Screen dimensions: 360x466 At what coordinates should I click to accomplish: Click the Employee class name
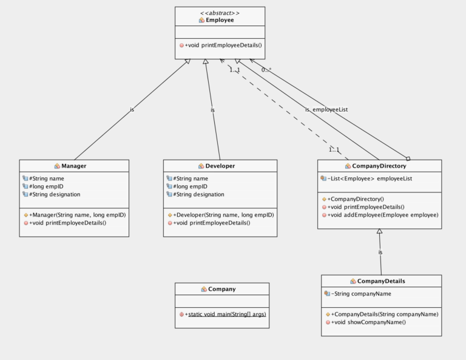(x=220, y=20)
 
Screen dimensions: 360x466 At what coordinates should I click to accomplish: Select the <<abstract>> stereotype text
(x=220, y=12)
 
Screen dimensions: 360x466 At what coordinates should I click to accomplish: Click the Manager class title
(x=74, y=166)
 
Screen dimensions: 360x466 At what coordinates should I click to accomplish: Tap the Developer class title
(x=220, y=166)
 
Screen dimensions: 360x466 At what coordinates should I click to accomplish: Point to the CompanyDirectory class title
(x=379, y=166)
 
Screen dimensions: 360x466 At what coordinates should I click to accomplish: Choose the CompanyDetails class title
(x=381, y=281)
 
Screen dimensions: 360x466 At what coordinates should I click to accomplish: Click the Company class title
(x=221, y=289)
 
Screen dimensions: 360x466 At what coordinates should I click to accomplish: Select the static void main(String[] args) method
(x=227, y=314)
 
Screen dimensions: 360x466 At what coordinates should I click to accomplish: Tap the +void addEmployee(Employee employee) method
(x=382, y=215)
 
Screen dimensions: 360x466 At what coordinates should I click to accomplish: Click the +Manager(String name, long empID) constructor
(x=77, y=215)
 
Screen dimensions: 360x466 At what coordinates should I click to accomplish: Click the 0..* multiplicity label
(x=266, y=70)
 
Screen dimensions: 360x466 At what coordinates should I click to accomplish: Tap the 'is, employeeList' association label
(x=326, y=109)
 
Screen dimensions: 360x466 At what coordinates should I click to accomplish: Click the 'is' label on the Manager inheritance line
(x=132, y=110)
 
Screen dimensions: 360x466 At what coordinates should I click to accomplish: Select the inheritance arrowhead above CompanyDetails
(x=379, y=232)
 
